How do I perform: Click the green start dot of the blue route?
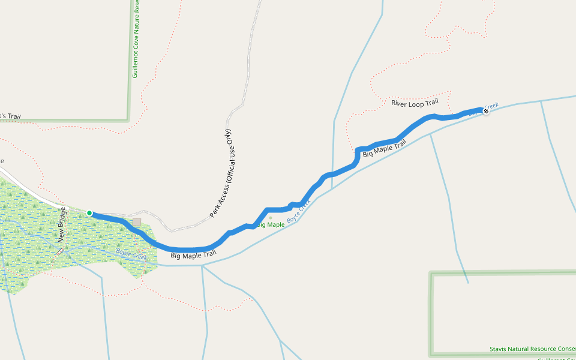pyautogui.click(x=89, y=213)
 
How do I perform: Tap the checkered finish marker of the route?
pyautogui.click(x=485, y=111)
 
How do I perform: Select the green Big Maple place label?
pyautogui.click(x=271, y=225)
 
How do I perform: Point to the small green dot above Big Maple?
pyautogui.click(x=271, y=218)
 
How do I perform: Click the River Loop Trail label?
pyautogui.click(x=415, y=103)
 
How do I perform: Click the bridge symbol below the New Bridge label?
pyautogui.click(x=59, y=251)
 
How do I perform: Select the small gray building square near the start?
pyautogui.click(x=137, y=222)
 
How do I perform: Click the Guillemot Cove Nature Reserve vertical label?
pyautogui.click(x=136, y=39)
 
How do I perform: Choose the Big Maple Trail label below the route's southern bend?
pyautogui.click(x=193, y=255)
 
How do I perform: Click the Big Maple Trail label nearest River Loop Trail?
pyautogui.click(x=385, y=148)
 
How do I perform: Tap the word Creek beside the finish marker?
pyautogui.click(x=491, y=106)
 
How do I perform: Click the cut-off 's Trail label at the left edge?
pyautogui.click(x=10, y=116)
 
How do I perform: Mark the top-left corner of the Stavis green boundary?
pyautogui.click(x=431, y=274)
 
